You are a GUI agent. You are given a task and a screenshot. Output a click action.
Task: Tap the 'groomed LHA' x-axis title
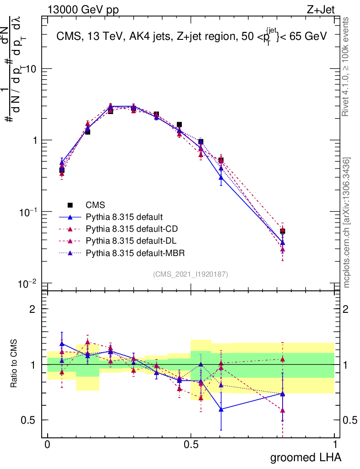305,457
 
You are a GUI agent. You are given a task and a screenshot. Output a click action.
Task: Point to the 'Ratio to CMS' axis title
14,364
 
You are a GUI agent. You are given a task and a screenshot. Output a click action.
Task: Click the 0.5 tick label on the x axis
191,445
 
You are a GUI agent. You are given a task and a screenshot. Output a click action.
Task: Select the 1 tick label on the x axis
335,445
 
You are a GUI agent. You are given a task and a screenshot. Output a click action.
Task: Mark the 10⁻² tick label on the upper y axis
29,284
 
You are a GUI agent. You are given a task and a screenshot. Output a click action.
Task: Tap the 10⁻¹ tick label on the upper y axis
29,212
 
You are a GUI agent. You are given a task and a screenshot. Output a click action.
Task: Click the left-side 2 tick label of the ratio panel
33,309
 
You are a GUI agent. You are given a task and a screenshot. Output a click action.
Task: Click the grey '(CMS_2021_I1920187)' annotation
191,274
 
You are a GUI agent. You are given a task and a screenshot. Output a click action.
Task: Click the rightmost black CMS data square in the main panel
283,231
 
